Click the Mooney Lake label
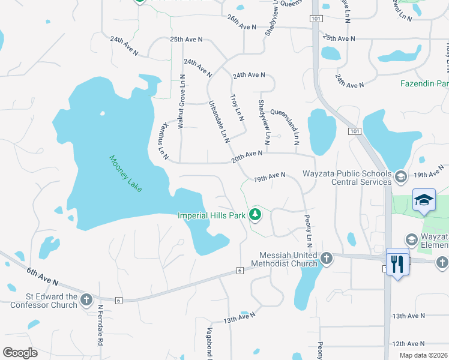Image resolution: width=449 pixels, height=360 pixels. pos(125,174)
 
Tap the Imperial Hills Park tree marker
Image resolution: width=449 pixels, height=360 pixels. pos(256,214)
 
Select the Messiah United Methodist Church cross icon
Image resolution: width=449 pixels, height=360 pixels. pos(326,259)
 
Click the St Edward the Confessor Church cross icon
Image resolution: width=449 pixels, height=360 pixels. pos(86,299)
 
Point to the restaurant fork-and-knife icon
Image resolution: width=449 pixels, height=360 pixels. pos(397,263)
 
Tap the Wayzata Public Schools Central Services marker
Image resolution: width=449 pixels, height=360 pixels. pos(401,176)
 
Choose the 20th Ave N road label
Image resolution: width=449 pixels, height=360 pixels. pos(247,157)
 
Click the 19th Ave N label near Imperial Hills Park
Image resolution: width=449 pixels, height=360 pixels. pos(268,178)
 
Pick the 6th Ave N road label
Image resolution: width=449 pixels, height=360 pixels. pos(42,276)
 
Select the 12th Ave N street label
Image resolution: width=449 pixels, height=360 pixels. pos(408,344)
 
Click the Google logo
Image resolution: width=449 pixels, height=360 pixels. pos(20,353)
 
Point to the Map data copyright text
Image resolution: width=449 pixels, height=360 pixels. pos(423,355)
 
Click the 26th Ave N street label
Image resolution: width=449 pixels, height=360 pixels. pos(241,27)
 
